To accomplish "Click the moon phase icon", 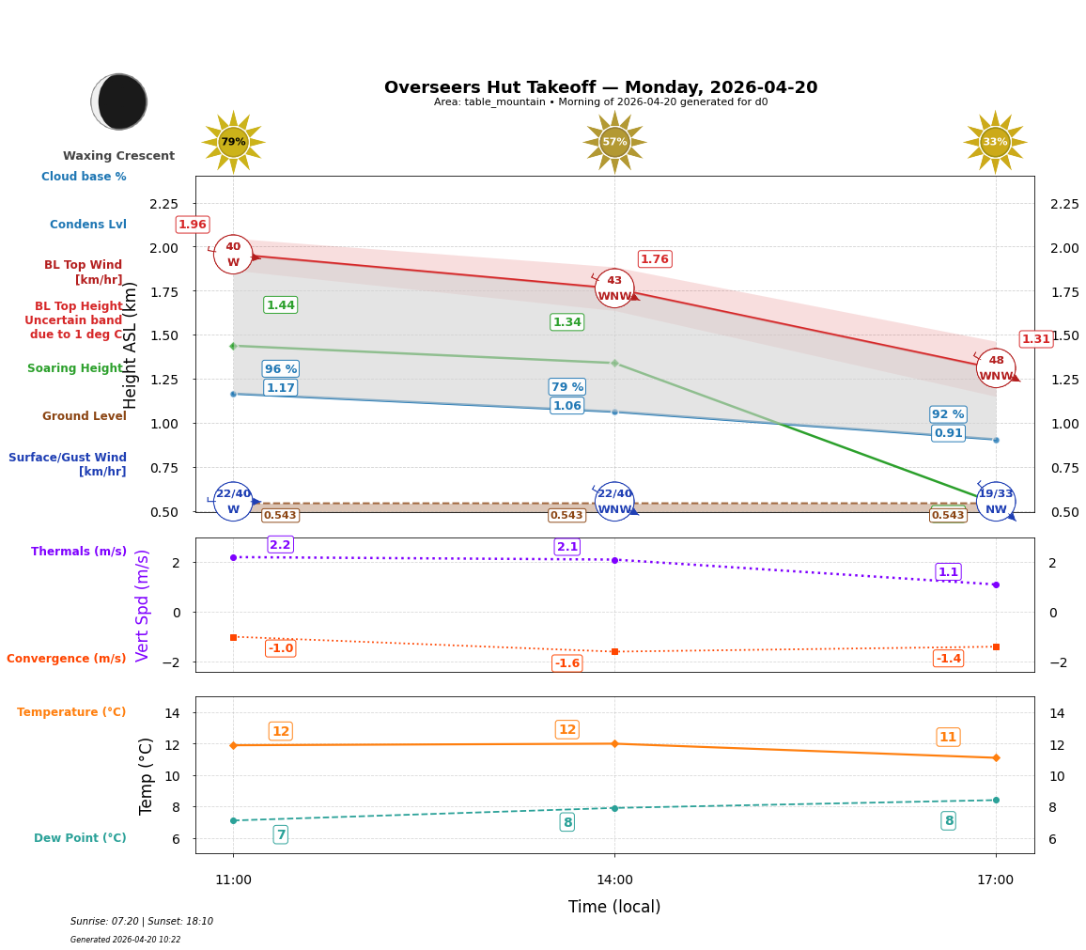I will click(119, 101).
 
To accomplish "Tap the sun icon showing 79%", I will click(233, 142).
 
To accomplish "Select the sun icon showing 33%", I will click(995, 142).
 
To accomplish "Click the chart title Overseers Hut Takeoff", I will click(600, 87).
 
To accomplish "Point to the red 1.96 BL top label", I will click(192, 225).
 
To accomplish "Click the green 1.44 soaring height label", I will click(280, 304).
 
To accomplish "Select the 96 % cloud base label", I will click(280, 369).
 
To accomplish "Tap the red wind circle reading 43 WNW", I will click(614, 288).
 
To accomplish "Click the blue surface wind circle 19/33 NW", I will click(995, 501).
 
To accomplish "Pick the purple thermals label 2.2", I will click(280, 544).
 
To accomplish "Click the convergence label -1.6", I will click(566, 663).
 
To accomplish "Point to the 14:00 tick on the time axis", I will click(614, 880).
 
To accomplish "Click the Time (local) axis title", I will click(614, 907).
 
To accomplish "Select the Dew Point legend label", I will click(80, 838).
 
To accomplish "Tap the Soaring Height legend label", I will click(76, 368).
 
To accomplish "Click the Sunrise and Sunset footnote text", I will click(142, 922).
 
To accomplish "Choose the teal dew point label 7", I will click(280, 834).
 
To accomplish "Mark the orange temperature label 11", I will click(948, 737).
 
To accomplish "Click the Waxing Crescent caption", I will click(118, 156).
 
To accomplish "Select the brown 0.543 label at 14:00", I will click(566, 515).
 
